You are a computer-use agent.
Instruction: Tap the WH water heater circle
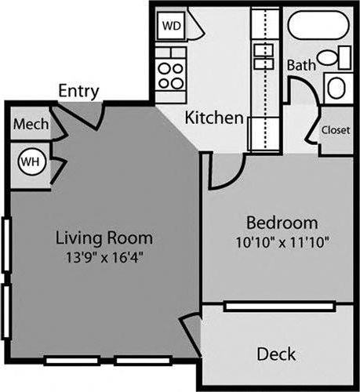click(30, 162)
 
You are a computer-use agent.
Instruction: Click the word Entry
click(79, 91)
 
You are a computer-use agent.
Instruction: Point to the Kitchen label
click(213, 118)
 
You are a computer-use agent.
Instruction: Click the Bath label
click(301, 64)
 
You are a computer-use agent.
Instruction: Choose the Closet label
click(336, 130)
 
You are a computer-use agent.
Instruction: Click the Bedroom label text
click(282, 222)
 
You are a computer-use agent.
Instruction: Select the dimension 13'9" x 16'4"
click(104, 256)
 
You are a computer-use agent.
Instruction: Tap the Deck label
click(276, 354)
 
